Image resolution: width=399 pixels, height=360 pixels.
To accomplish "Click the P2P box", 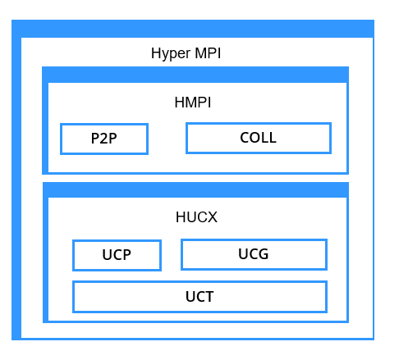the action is coord(104,139).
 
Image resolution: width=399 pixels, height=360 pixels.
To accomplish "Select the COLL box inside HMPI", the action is coord(259,138).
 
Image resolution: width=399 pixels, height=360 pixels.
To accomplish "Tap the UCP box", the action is coord(117,255).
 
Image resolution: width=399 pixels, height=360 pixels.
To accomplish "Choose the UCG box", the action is coord(254,254).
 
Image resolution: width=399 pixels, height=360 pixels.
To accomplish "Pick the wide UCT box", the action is coord(199,297).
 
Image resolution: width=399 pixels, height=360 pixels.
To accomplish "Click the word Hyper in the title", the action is coord(171,53).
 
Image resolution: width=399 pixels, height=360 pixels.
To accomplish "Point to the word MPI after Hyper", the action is coord(208,53).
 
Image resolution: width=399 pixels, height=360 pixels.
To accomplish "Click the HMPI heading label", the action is coord(193,103).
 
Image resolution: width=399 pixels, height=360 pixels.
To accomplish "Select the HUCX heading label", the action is coord(196,217).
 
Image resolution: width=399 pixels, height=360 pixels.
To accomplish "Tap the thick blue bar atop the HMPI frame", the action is coord(195,75).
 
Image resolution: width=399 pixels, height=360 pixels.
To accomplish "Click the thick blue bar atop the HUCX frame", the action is coord(195,189).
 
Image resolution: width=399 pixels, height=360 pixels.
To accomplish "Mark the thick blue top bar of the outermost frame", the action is coord(193,29).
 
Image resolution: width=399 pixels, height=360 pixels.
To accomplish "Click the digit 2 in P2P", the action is coord(104,139).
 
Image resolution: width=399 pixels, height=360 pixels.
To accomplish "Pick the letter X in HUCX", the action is coord(212,217).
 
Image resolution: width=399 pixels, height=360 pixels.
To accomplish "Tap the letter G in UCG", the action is coord(264,254).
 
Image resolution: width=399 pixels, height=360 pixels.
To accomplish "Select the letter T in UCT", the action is coord(209,297).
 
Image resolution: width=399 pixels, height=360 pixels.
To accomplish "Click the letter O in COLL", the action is coord(255,138).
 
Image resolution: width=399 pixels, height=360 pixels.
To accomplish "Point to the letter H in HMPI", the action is coord(180,103).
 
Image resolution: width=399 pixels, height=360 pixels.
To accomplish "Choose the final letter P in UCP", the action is coord(126,255).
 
